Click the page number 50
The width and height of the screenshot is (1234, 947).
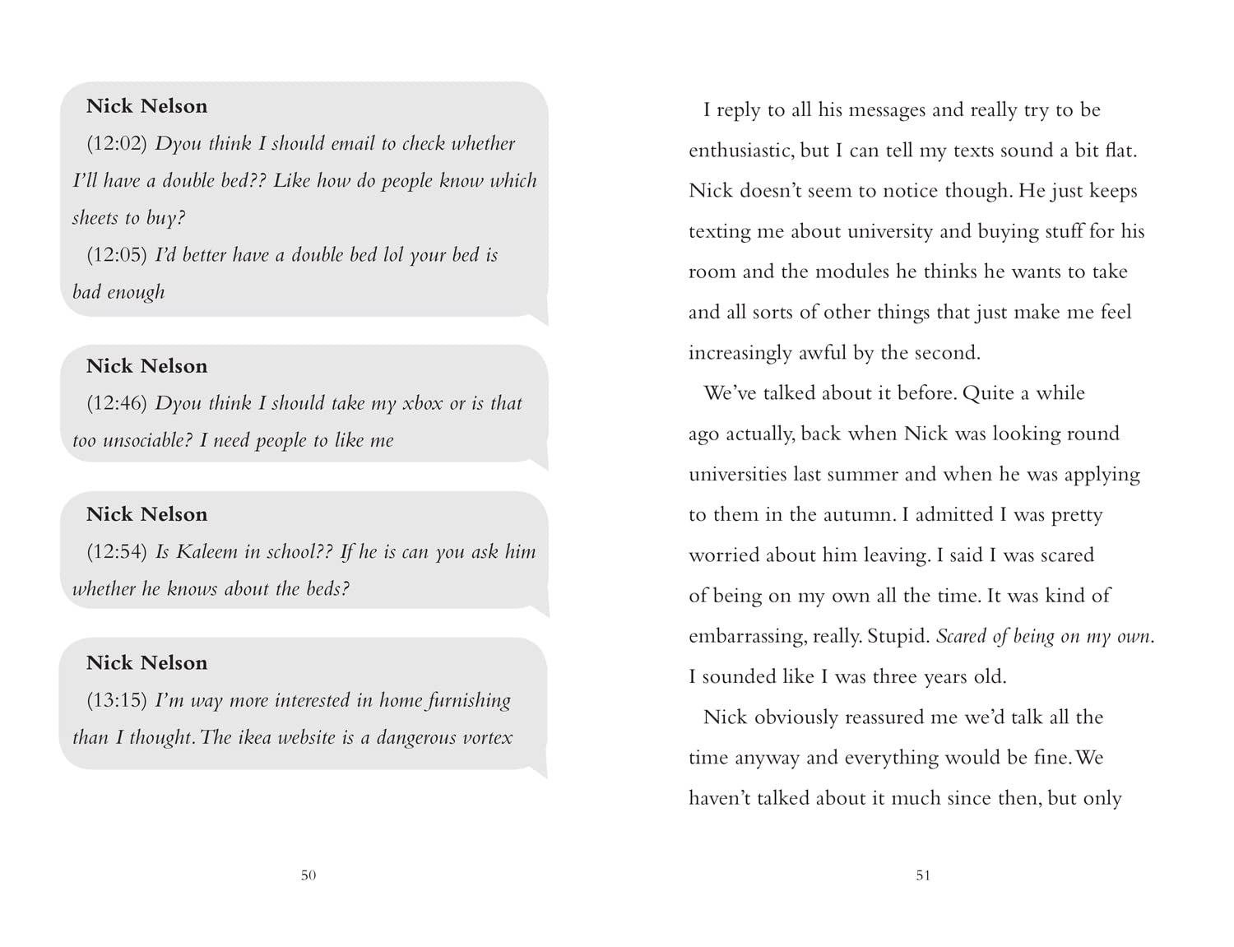[x=308, y=875]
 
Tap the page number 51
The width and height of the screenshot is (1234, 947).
[x=923, y=875]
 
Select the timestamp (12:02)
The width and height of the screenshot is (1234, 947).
[x=117, y=144]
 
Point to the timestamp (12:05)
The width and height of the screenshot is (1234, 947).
[x=117, y=255]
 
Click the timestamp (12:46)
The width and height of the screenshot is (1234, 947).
[x=117, y=403]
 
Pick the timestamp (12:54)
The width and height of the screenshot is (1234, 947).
[x=117, y=551]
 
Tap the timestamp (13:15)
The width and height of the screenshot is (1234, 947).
[x=117, y=700]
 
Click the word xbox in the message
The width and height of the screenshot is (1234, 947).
[x=422, y=403]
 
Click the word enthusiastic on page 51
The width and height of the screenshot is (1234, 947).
[x=741, y=151]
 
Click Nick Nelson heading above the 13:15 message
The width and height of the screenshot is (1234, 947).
[x=147, y=663]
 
